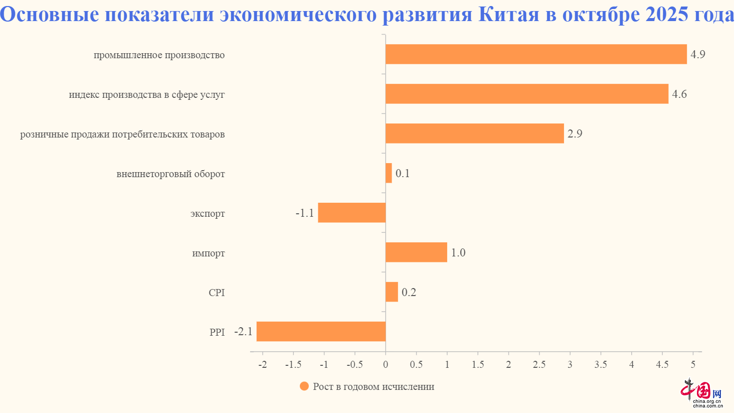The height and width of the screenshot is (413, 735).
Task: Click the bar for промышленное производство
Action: (x=535, y=54)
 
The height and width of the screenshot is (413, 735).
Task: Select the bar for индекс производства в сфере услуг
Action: (x=526, y=94)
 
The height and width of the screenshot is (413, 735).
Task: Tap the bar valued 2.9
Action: (x=474, y=133)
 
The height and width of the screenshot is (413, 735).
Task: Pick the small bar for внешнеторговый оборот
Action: (x=389, y=173)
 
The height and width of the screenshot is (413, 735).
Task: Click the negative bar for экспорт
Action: (x=351, y=213)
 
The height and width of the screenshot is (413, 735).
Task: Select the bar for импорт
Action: (x=416, y=252)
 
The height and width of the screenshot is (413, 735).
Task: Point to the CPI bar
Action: (x=392, y=292)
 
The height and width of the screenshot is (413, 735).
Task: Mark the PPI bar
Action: (x=321, y=332)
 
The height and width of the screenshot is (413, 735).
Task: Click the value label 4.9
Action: (x=697, y=54)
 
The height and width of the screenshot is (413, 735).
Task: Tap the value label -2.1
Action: (x=243, y=332)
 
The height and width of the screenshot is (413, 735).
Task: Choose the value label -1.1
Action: (x=305, y=213)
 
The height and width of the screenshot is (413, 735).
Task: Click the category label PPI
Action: (x=217, y=332)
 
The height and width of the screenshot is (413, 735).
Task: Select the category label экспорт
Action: (x=208, y=214)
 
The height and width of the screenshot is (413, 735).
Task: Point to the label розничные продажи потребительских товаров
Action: (x=122, y=134)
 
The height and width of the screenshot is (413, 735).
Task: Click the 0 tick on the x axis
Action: (x=386, y=365)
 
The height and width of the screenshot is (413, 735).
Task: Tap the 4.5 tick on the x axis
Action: (x=662, y=365)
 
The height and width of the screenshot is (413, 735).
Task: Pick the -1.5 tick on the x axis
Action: (x=293, y=365)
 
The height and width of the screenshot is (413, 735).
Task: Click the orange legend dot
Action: (x=304, y=386)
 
